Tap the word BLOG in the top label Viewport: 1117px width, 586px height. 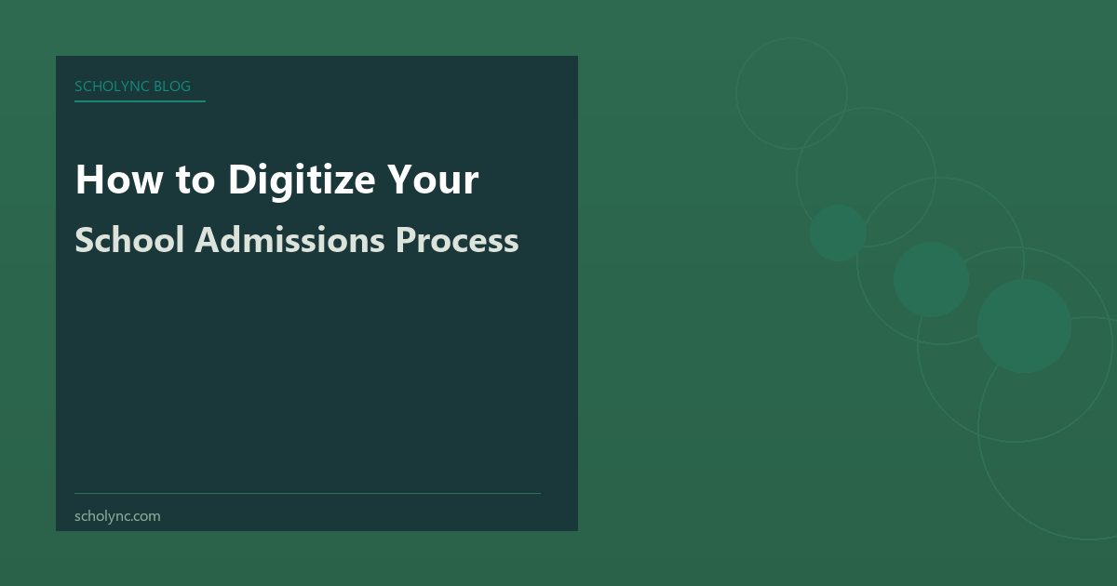tap(172, 87)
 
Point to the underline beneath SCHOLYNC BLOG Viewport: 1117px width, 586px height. tap(140, 101)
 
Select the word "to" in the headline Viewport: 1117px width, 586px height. tap(193, 179)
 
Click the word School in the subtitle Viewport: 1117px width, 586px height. tap(129, 240)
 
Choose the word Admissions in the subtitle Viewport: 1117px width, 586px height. tap(289, 240)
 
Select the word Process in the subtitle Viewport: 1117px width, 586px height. tap(457, 240)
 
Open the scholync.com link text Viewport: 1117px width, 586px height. tap(117, 515)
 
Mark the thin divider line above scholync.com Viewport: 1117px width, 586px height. tap(307, 493)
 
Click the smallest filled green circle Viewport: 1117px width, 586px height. tap(838, 233)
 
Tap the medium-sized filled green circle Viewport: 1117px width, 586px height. tap(931, 279)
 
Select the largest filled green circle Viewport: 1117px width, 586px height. tap(1024, 326)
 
